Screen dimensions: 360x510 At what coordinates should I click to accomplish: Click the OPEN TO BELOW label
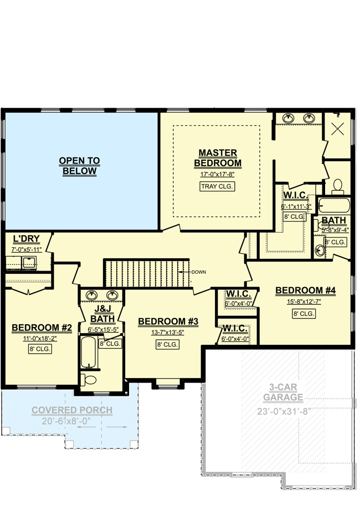click(79, 166)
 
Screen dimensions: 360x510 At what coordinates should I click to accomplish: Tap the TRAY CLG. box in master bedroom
click(217, 186)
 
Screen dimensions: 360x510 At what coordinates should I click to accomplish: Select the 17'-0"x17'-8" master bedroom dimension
click(217, 174)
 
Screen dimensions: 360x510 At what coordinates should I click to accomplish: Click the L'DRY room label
click(27, 239)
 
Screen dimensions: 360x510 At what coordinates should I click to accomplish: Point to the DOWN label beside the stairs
click(198, 272)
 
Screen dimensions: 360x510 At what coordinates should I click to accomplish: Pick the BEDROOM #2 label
click(42, 328)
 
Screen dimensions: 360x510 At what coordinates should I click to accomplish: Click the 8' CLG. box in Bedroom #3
click(167, 344)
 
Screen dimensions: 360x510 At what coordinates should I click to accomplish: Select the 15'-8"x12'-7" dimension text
click(304, 302)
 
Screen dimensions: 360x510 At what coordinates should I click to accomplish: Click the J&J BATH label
click(102, 314)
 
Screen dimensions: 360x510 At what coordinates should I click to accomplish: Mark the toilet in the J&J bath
click(89, 380)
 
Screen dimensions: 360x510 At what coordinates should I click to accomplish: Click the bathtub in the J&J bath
click(89, 353)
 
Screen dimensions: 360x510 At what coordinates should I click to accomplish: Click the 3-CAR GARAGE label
click(283, 392)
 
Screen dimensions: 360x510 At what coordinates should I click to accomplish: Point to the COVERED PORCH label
click(72, 410)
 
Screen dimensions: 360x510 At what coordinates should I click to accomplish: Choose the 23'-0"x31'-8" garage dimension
click(282, 411)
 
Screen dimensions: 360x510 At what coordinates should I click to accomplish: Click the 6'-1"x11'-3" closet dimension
click(296, 207)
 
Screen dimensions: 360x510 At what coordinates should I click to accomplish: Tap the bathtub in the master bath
click(334, 206)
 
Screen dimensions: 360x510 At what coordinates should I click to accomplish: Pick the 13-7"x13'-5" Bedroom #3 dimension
click(168, 333)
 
